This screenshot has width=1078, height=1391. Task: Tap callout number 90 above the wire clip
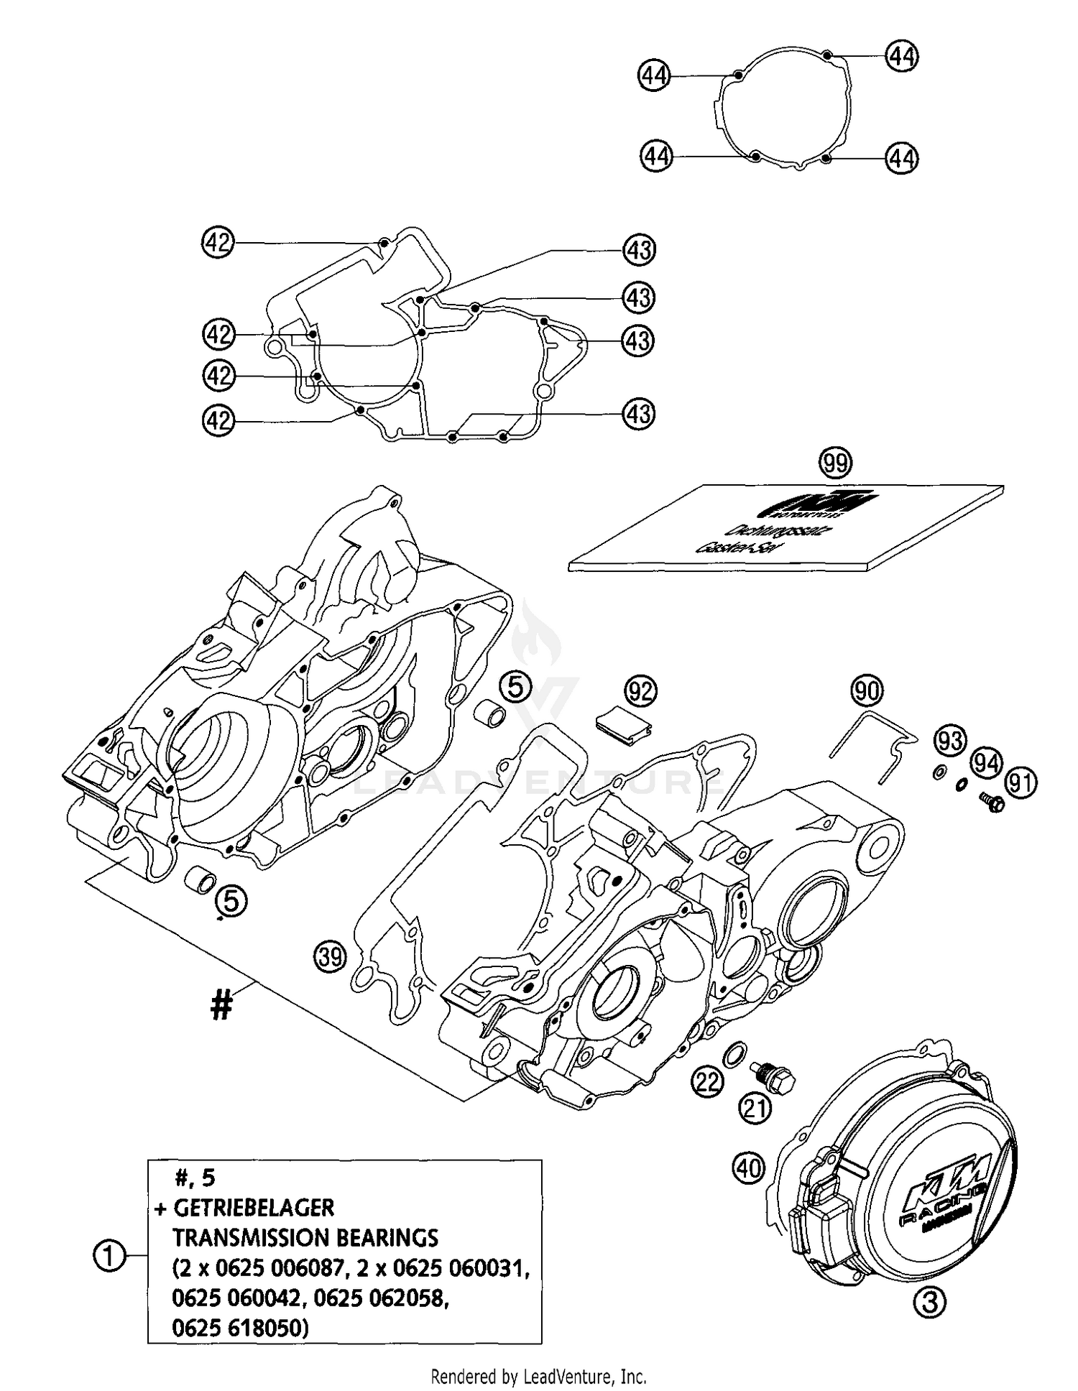click(867, 691)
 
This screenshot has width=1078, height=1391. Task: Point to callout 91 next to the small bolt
click(1021, 782)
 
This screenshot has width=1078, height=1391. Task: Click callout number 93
click(951, 740)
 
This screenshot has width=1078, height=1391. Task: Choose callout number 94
click(987, 762)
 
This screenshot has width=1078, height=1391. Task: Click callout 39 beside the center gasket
click(330, 956)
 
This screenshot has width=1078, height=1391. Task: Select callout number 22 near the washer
click(707, 1081)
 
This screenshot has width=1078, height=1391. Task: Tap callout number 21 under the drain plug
click(756, 1109)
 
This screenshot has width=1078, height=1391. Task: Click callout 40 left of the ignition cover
click(748, 1168)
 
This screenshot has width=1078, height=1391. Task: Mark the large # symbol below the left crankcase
click(221, 1004)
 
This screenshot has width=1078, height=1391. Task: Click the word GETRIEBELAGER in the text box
click(254, 1208)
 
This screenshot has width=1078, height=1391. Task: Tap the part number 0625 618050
click(240, 1328)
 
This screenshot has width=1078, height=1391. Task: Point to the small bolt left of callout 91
click(991, 803)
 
